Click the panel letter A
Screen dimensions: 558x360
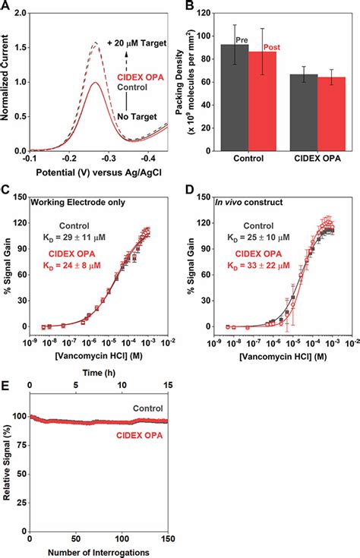click(6, 6)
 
